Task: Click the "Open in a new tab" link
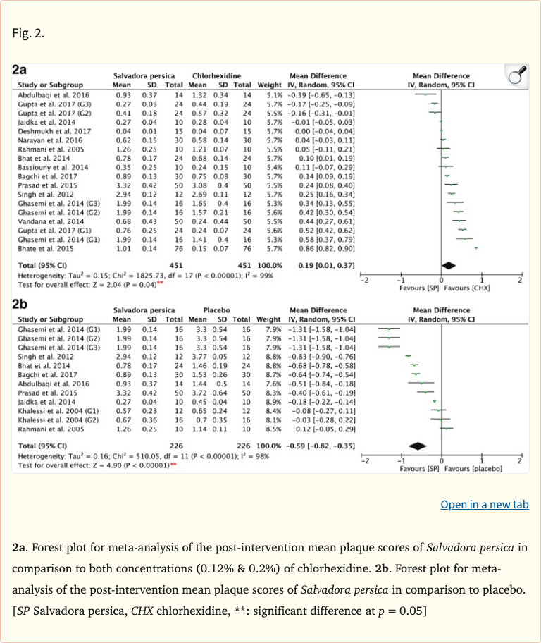pyautogui.click(x=484, y=504)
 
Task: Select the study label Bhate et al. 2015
pyautogui.click(x=41, y=248)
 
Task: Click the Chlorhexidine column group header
pyautogui.click(x=216, y=76)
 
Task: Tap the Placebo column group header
pyautogui.click(x=216, y=310)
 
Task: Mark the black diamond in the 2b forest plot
pyautogui.click(x=418, y=446)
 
